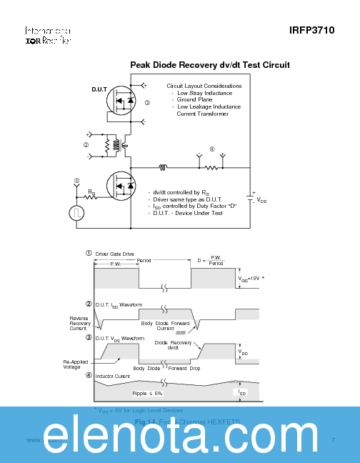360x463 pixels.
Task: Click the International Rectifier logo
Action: pyautogui.click(x=48, y=36)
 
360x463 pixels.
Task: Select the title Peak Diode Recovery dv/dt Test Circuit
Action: pyautogui.click(x=209, y=65)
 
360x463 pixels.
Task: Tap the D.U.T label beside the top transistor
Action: pyautogui.click(x=99, y=90)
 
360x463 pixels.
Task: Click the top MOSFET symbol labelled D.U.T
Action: pyautogui.click(x=124, y=104)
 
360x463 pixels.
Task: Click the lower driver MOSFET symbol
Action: pyautogui.click(x=124, y=186)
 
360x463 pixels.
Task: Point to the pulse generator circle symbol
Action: pyautogui.click(x=76, y=213)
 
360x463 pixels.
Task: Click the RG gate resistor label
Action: pyautogui.click(x=92, y=193)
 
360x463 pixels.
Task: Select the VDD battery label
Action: pyautogui.click(x=261, y=201)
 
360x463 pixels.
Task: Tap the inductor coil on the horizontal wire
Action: pyautogui.click(x=163, y=169)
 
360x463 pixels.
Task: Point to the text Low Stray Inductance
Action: pyautogui.click(x=204, y=93)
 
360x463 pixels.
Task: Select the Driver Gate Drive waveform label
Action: pyautogui.click(x=114, y=254)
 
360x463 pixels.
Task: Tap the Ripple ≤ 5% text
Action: pyautogui.click(x=147, y=393)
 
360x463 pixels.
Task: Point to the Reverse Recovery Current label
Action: pyautogui.click(x=80, y=323)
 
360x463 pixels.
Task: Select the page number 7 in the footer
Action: pyautogui.click(x=333, y=439)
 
